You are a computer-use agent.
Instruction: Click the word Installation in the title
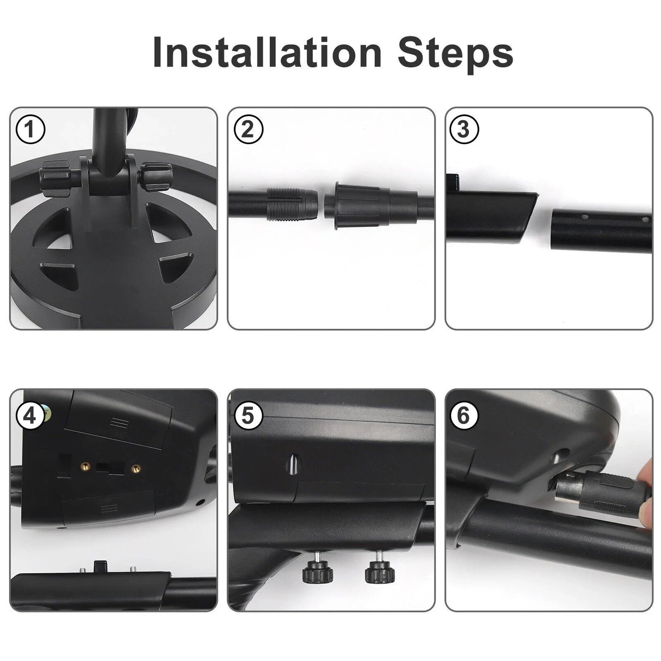[x=267, y=52]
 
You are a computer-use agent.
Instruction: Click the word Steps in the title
[x=455, y=55]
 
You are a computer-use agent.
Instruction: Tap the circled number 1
[x=31, y=129]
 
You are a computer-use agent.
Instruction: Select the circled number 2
[x=248, y=129]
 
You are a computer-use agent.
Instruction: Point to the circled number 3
[x=464, y=129]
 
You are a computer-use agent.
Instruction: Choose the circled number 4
[x=31, y=416]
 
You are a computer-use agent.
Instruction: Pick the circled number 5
[x=248, y=416]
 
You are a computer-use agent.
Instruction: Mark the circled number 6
[x=464, y=416]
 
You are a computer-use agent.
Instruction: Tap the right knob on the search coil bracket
[x=156, y=176]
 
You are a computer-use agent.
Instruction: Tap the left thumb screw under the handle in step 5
[x=317, y=571]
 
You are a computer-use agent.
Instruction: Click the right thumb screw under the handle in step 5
[x=380, y=571]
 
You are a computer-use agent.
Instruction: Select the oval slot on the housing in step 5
[x=294, y=464]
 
